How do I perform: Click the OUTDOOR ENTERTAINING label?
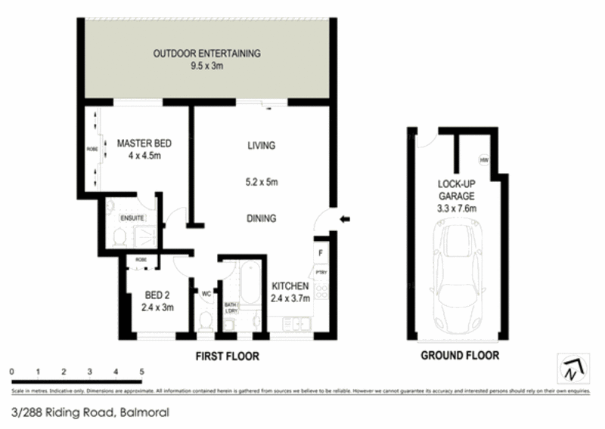[206, 54]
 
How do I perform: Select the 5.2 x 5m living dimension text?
[261, 182]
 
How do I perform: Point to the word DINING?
[261, 218]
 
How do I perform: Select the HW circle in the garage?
[483, 160]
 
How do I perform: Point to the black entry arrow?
[344, 220]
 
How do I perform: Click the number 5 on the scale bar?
[141, 372]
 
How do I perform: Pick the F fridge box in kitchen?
[321, 252]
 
